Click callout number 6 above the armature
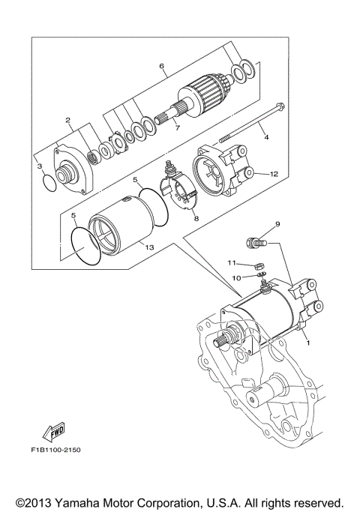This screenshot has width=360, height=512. tap(161, 66)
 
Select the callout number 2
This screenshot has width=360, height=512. tap(67, 119)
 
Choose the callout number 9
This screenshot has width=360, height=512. tap(277, 223)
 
